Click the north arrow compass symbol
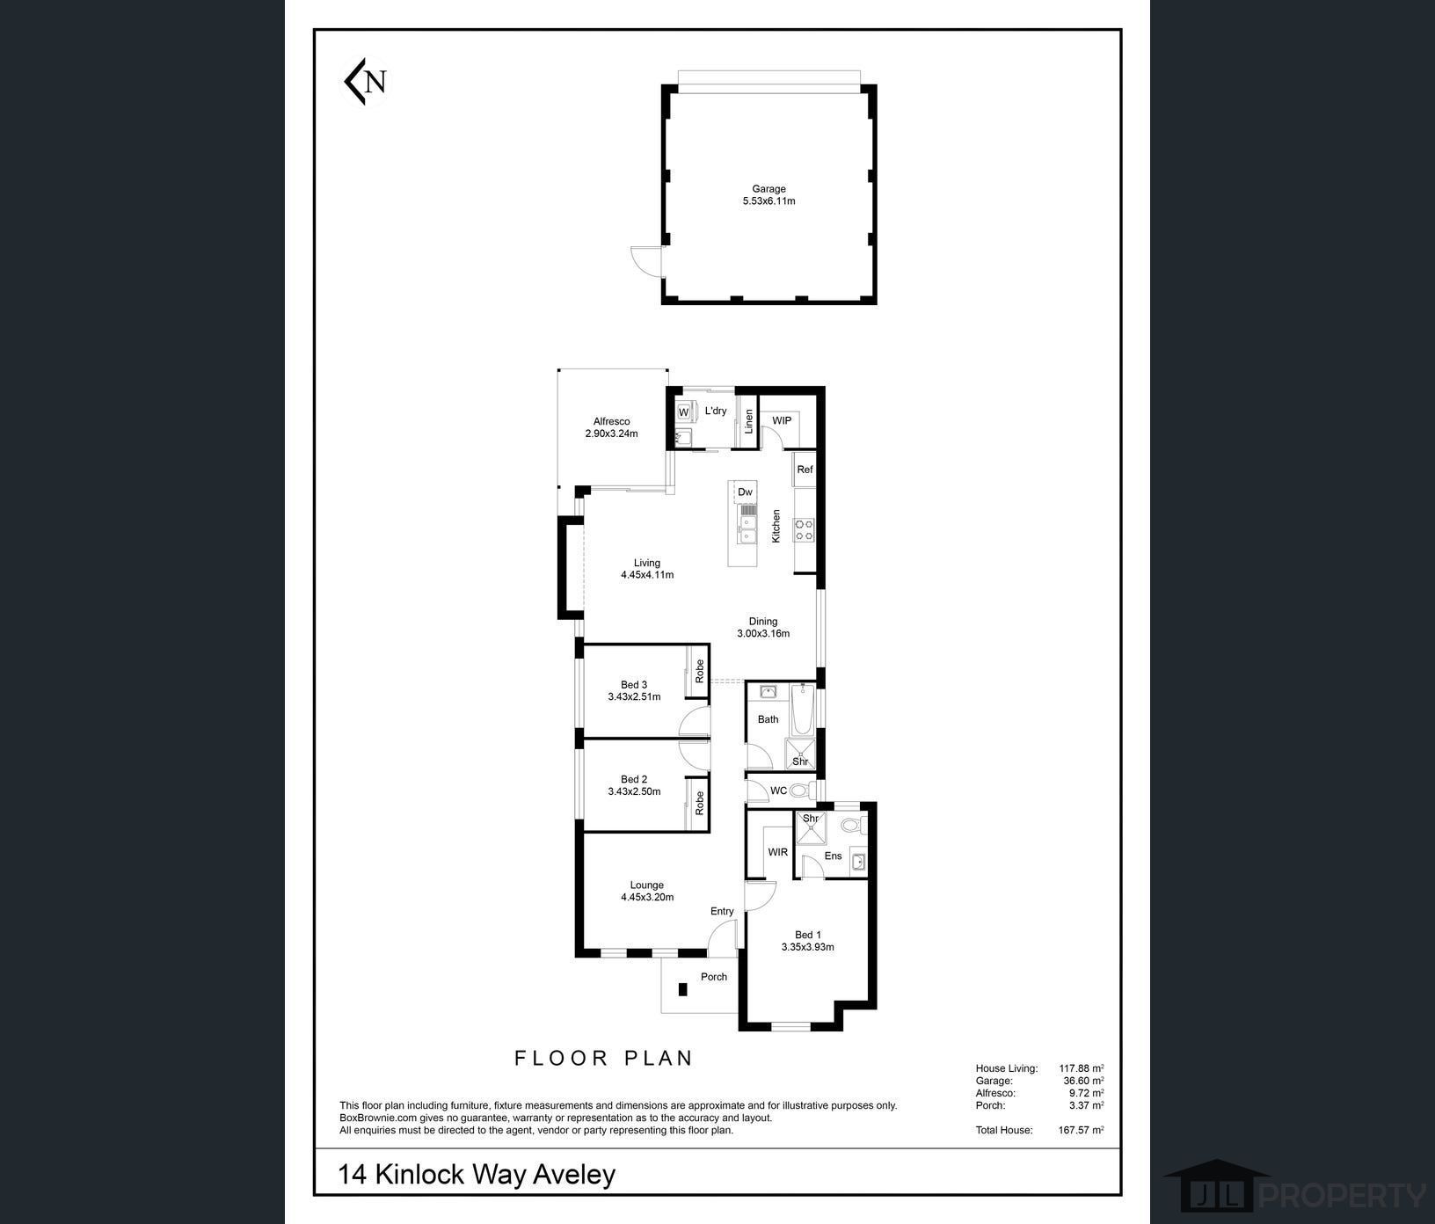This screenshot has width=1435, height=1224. coord(364,81)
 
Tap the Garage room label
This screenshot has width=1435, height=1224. coord(768,188)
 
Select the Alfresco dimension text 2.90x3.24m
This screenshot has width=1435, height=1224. coord(611,433)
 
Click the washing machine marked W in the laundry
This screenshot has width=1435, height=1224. coord(683,412)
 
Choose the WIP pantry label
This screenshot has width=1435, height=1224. coord(782,420)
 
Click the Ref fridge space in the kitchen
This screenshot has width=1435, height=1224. coord(805,470)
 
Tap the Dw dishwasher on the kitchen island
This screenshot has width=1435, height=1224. coord(745,492)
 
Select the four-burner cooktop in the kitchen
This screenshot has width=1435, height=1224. coord(805,528)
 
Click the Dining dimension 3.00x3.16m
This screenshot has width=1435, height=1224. coord(763,633)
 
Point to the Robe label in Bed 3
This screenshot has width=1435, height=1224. coord(700,672)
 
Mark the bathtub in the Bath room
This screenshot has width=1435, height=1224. coord(802,710)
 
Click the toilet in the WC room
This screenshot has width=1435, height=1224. coord(801,790)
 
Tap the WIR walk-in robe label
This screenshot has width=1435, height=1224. coord(778,852)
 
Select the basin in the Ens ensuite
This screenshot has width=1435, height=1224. coord(859,862)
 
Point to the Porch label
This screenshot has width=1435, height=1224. coord(714,977)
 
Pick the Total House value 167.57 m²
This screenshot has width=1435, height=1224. coord(1081,1130)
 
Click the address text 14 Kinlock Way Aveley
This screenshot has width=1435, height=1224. coord(477,1174)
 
